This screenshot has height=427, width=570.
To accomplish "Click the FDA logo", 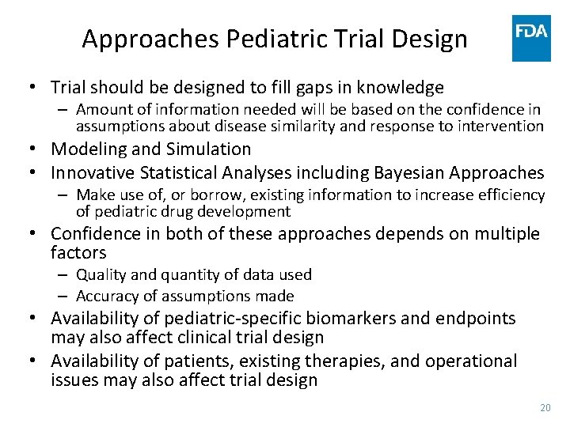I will (x=531, y=38).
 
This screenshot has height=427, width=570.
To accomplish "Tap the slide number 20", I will (x=545, y=407).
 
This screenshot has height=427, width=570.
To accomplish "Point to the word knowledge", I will (x=399, y=87).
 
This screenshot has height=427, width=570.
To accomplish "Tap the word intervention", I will (x=506, y=126).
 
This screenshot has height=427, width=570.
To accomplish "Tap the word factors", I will (x=78, y=253).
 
